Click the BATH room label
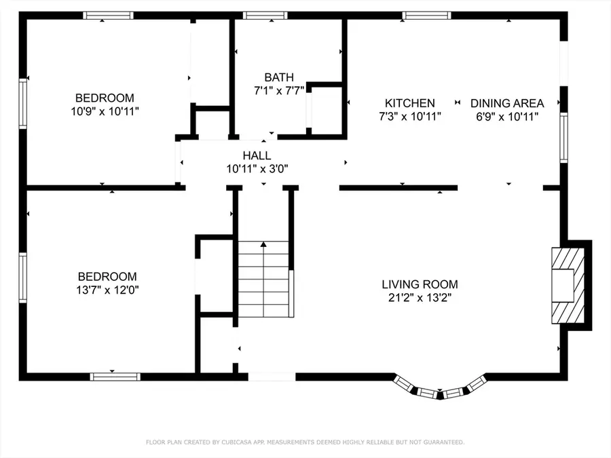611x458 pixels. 279,77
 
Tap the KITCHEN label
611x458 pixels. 410,103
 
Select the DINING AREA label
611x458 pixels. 507,103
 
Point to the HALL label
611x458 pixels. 257,155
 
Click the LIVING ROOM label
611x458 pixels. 420,284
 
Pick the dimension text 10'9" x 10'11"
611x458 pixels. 105,111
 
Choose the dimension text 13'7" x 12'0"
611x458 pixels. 107,290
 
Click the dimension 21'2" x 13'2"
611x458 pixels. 420,298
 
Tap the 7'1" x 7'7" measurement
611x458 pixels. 279,91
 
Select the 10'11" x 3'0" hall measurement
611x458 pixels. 257,169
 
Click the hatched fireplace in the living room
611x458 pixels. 568,286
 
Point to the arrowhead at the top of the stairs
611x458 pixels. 263,244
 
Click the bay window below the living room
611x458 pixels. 440,388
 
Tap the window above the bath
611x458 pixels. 265,16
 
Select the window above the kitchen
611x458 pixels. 427,16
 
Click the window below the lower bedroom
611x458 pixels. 115,377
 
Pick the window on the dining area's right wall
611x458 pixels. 563,138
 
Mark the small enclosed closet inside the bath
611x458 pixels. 325,109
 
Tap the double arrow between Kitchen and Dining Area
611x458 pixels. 458,102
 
